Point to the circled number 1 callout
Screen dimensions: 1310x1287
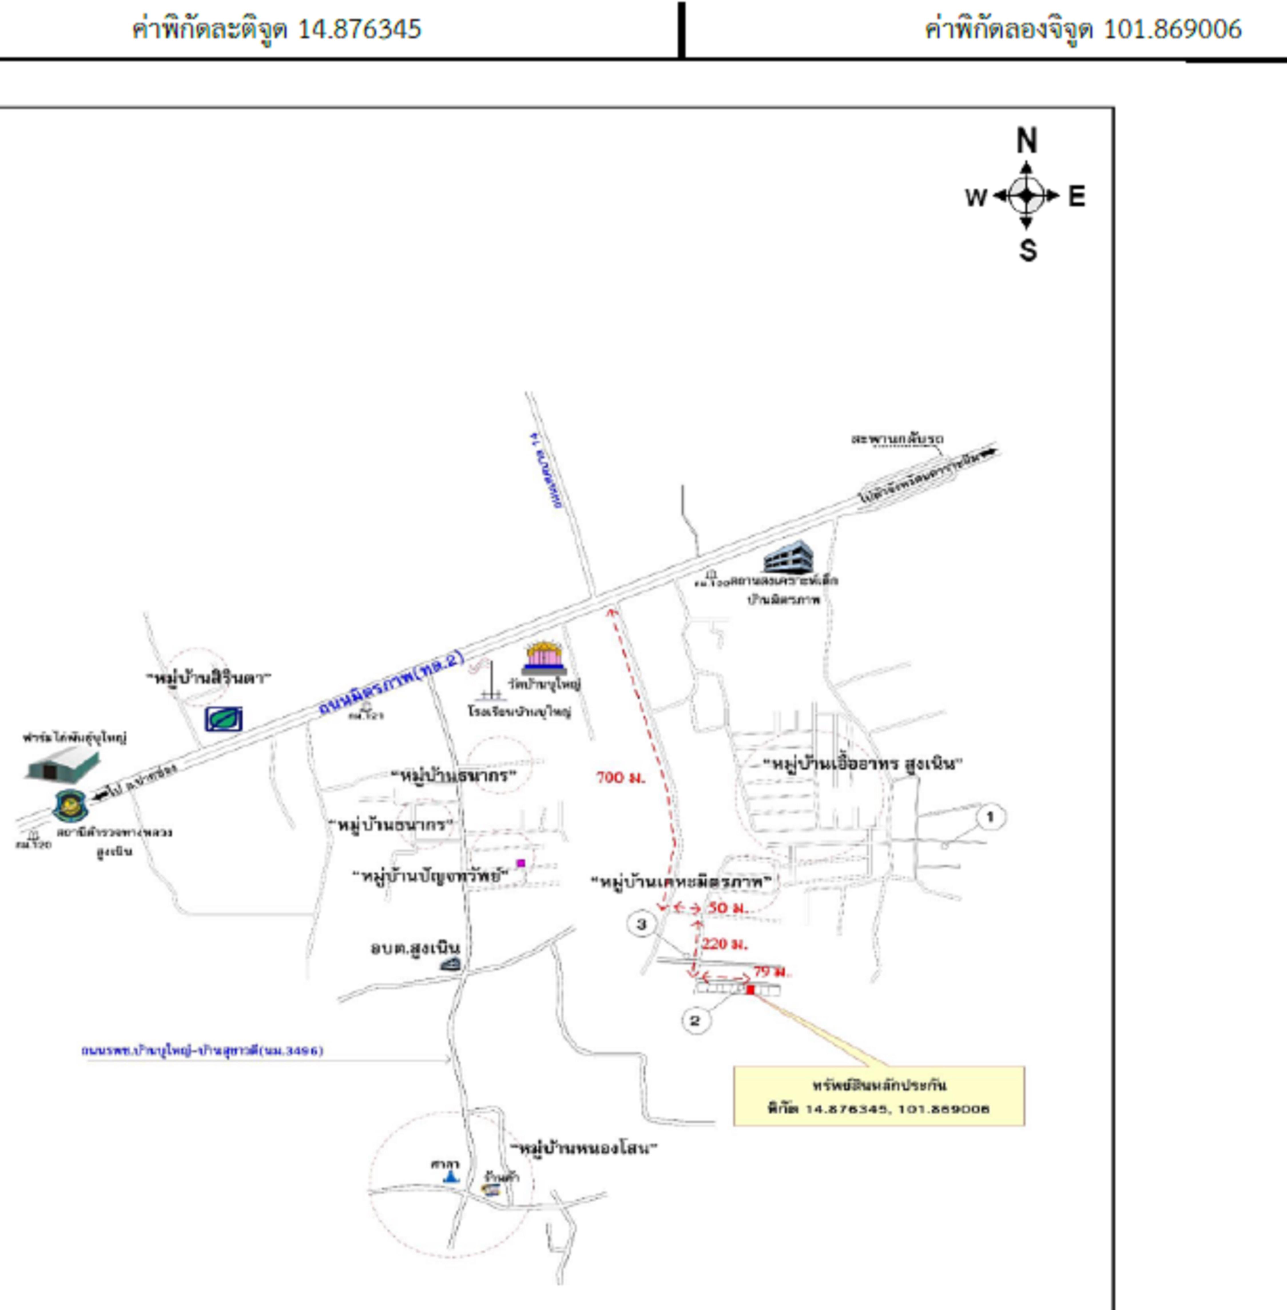click(990, 817)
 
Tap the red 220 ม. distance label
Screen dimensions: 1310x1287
click(725, 944)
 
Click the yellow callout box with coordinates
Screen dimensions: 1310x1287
click(879, 1096)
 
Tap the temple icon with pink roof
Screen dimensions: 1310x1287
click(544, 656)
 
